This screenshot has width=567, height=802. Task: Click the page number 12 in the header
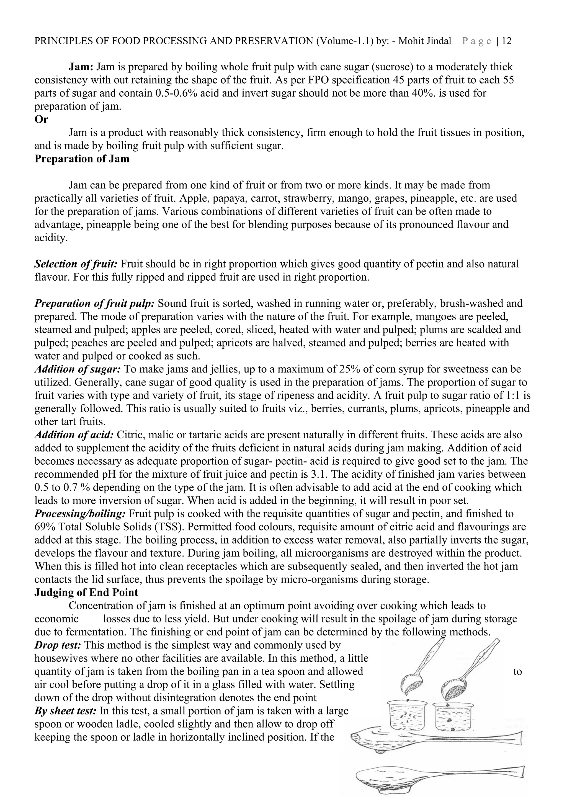(x=507, y=41)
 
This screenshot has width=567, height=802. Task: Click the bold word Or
(x=41, y=120)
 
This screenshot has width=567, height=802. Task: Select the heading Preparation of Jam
(x=82, y=159)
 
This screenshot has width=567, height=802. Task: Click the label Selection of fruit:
(x=76, y=264)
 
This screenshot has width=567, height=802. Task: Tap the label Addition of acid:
(x=74, y=435)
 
